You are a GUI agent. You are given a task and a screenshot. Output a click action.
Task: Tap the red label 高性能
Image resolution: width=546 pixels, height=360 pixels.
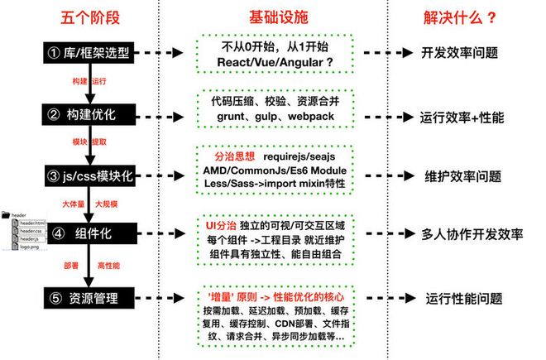[x=108, y=266]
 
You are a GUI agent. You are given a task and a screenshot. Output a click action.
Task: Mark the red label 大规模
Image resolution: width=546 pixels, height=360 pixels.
[x=108, y=202]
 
